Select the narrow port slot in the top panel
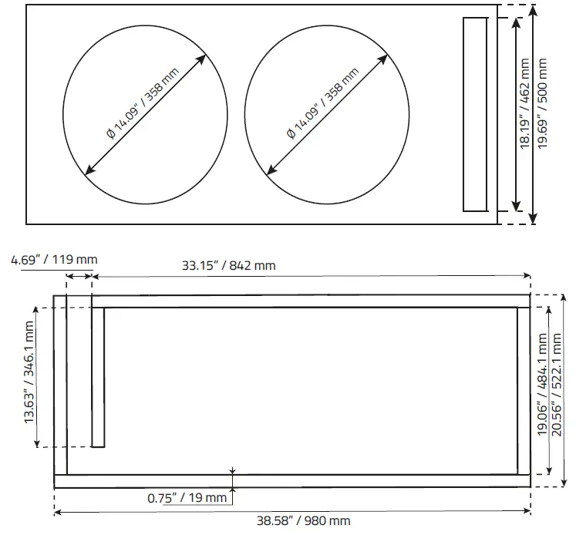475,114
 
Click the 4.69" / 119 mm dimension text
54,259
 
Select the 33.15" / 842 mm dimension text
228,266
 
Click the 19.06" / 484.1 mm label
543,385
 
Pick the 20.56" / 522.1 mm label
561,385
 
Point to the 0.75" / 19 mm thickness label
187,497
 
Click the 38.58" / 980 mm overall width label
293,521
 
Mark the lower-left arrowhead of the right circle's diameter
268,172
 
